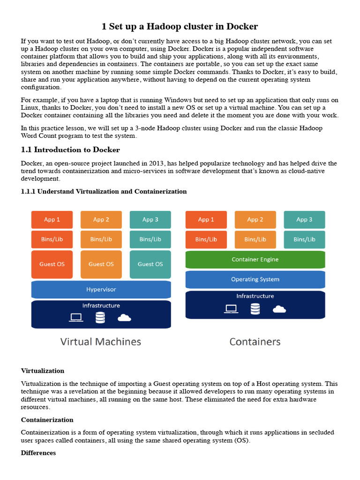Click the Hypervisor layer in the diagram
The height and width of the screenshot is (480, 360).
point(101,289)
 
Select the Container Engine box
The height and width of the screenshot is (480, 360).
point(255,259)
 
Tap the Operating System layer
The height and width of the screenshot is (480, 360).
point(255,279)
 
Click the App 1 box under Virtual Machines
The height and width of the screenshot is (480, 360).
point(52,219)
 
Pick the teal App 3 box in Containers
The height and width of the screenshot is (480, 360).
point(304,219)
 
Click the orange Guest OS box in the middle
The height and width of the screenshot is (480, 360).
point(101,264)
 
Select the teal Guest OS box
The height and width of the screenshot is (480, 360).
point(150,264)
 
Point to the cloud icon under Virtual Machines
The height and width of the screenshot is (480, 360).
point(124,318)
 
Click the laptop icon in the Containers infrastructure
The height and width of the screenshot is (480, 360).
point(231,308)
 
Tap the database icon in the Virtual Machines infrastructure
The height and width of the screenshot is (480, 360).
point(100,317)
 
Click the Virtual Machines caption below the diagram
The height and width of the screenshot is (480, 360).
point(101,342)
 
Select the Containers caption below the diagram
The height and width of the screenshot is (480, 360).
point(255,342)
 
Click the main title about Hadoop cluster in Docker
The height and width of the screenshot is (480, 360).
point(180,26)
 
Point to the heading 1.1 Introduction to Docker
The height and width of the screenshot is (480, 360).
point(70,150)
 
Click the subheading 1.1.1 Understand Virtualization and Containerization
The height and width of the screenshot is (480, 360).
point(104,191)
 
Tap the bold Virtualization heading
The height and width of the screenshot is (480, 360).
point(43,371)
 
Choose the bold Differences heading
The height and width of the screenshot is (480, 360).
point(38,453)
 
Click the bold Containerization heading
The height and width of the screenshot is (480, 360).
point(47,420)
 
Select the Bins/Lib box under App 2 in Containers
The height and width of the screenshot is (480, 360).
point(255,239)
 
